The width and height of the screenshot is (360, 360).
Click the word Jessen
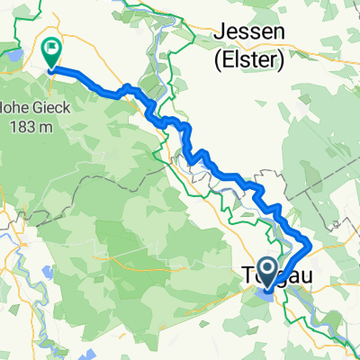(250, 35)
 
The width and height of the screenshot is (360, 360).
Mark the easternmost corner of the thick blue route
(311, 243)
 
